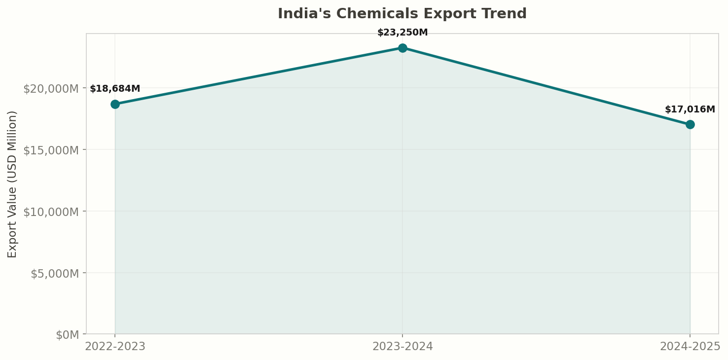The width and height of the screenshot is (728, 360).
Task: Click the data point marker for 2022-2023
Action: tap(115, 104)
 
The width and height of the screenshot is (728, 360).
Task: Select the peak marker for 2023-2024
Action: tap(402, 48)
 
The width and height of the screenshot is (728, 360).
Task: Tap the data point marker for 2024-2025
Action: tap(690, 124)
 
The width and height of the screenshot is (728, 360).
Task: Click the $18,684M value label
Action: tap(115, 89)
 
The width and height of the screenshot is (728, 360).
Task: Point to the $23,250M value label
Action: tap(402, 33)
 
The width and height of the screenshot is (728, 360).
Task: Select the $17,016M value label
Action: tap(690, 109)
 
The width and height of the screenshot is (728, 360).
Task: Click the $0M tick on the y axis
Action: tap(67, 335)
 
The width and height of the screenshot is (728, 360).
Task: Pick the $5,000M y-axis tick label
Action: tap(54, 273)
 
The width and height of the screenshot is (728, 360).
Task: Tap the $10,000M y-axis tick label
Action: tap(51, 212)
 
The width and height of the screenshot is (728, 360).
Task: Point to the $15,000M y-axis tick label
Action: tap(51, 150)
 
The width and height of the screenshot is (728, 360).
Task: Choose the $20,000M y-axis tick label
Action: tap(51, 88)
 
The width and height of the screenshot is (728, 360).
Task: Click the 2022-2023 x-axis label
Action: tap(115, 347)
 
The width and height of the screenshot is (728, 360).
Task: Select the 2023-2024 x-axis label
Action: tap(402, 347)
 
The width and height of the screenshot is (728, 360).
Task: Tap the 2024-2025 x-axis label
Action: tap(690, 347)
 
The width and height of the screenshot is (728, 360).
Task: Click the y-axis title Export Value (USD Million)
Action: tap(12, 184)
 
